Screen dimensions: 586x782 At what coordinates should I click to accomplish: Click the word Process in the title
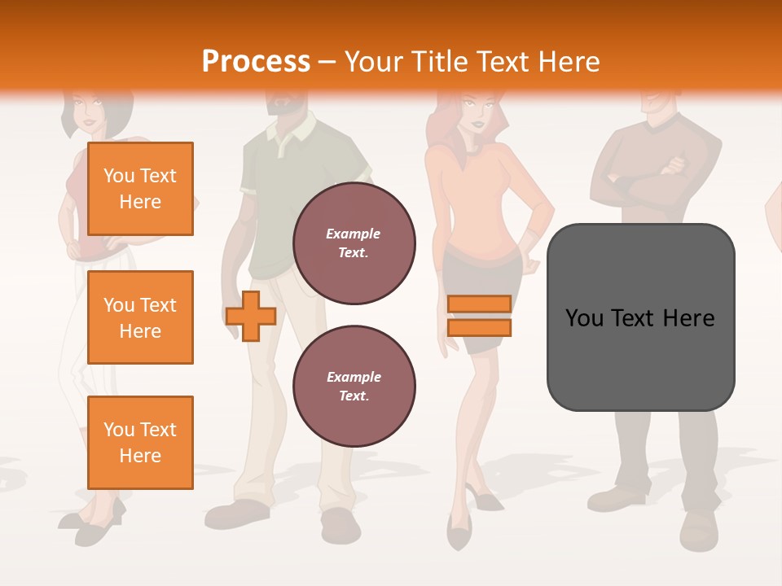pos(256,62)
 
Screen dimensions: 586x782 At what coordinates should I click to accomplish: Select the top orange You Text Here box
pos(140,189)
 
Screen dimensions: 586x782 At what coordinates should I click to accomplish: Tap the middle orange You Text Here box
pos(140,317)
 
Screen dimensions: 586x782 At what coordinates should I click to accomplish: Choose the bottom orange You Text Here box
pos(140,442)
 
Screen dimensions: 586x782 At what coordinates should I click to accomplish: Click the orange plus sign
pos(251,316)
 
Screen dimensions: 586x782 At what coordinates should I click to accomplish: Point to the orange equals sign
pos(479,316)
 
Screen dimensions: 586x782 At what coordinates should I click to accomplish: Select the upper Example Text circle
pos(354,243)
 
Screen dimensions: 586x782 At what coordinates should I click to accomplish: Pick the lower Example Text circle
pos(354,386)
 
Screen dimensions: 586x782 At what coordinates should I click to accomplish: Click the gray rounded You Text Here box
pos(640,317)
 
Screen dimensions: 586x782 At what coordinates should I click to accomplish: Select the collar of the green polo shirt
pos(289,130)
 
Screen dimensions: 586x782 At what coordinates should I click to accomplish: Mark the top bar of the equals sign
pos(479,304)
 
